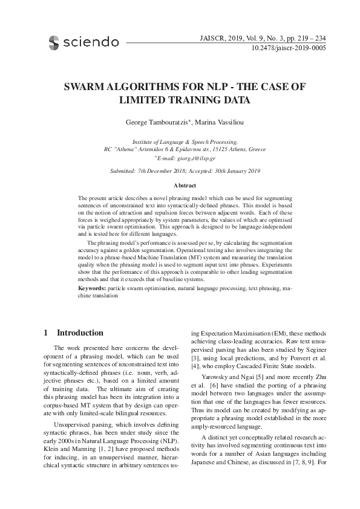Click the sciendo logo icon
[x=53, y=42]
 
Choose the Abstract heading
[x=185, y=185]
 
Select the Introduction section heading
[x=80, y=333]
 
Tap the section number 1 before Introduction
[x=47, y=333]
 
